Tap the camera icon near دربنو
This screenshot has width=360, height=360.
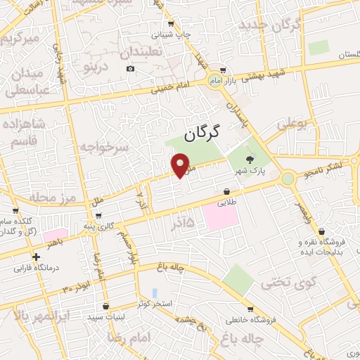(131, 68)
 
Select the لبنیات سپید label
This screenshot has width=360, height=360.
(105, 316)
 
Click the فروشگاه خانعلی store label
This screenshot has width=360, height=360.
(251, 320)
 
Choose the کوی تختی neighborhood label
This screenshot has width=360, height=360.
(281, 284)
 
